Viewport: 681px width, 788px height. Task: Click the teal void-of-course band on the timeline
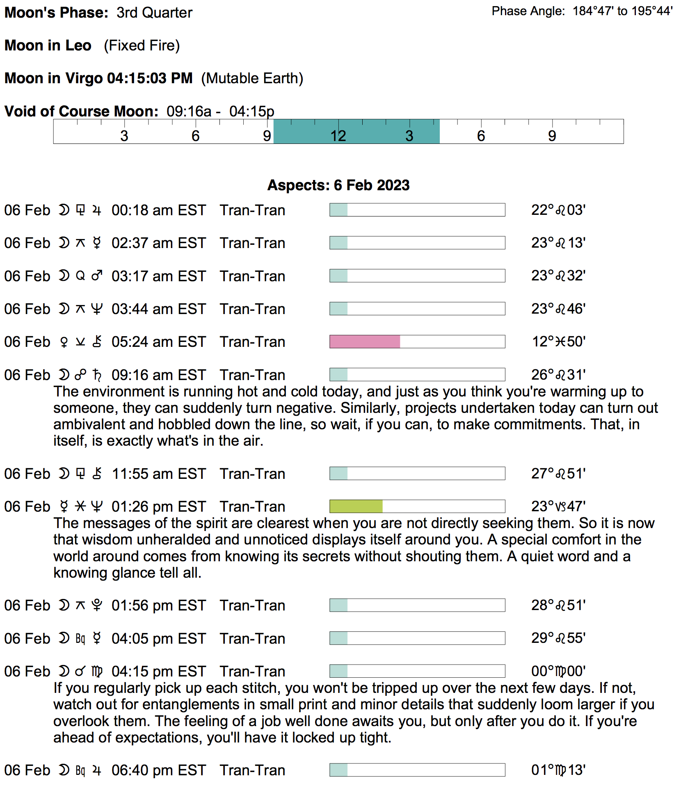(x=356, y=131)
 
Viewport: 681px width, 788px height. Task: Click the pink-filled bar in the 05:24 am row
(x=364, y=342)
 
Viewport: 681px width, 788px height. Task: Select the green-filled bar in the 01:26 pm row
(x=356, y=506)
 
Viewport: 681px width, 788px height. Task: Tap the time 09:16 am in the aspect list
(x=137, y=375)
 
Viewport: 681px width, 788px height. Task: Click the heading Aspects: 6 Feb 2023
(x=338, y=185)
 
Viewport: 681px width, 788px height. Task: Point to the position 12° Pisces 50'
(x=558, y=342)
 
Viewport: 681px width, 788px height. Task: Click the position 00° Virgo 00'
(x=558, y=671)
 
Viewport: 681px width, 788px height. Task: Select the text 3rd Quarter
(x=154, y=13)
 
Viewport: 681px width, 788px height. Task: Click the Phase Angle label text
(x=528, y=11)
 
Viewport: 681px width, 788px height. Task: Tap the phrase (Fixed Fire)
(x=142, y=46)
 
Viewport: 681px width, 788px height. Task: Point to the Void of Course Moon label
(x=81, y=112)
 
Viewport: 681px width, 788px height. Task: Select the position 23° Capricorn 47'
(x=558, y=506)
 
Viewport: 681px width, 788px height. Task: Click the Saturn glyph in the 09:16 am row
(x=97, y=375)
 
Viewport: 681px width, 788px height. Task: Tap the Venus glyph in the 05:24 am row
(x=64, y=342)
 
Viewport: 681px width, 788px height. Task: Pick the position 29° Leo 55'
(x=558, y=638)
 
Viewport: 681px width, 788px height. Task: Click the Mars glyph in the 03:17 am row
(x=97, y=276)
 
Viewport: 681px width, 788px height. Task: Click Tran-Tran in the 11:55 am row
(x=252, y=474)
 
